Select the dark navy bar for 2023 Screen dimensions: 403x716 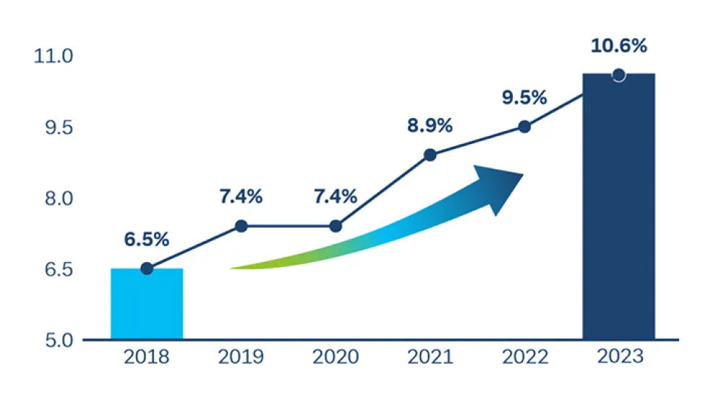pos(618,210)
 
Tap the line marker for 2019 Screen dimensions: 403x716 pos(242,226)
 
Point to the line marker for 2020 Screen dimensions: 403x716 pos(336,226)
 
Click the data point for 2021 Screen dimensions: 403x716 pos(430,155)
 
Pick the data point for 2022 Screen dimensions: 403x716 pos(524,127)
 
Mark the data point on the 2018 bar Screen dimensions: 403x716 pos(147,268)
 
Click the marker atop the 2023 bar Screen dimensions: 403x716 pos(618,75)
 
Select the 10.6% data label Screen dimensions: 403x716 pos(618,46)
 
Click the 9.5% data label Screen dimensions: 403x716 pos(524,98)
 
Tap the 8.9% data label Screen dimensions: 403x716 pos(430,125)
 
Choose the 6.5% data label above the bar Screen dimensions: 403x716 pos(147,239)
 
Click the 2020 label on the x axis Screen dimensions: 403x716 pos(336,357)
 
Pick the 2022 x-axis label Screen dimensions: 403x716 pos(524,357)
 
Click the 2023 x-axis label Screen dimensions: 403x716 pos(618,357)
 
